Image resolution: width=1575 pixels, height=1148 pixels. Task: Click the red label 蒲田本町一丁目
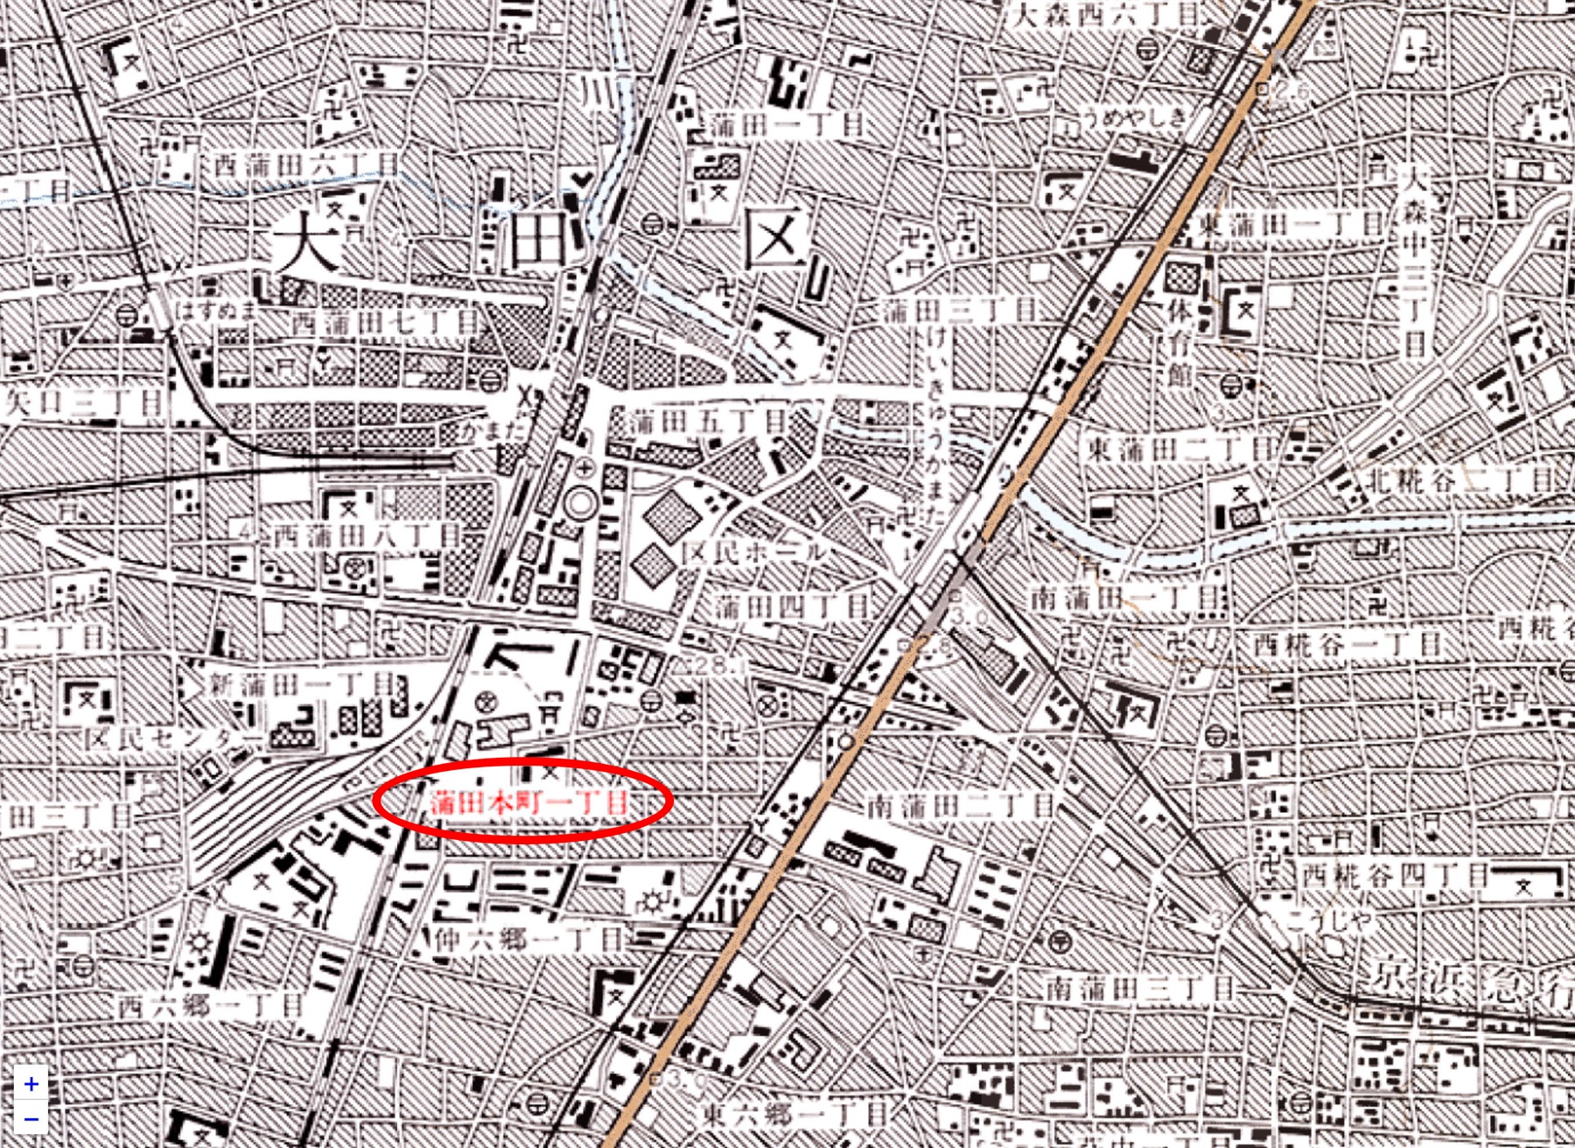click(528, 801)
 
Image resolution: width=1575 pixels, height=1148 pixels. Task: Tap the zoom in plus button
click(31, 1084)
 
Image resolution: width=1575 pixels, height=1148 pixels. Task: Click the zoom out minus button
click(31, 1119)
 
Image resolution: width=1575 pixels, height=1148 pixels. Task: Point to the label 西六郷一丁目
click(210, 1006)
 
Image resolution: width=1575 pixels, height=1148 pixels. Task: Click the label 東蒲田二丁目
click(1181, 450)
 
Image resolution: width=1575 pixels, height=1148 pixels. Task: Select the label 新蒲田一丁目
click(302, 684)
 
